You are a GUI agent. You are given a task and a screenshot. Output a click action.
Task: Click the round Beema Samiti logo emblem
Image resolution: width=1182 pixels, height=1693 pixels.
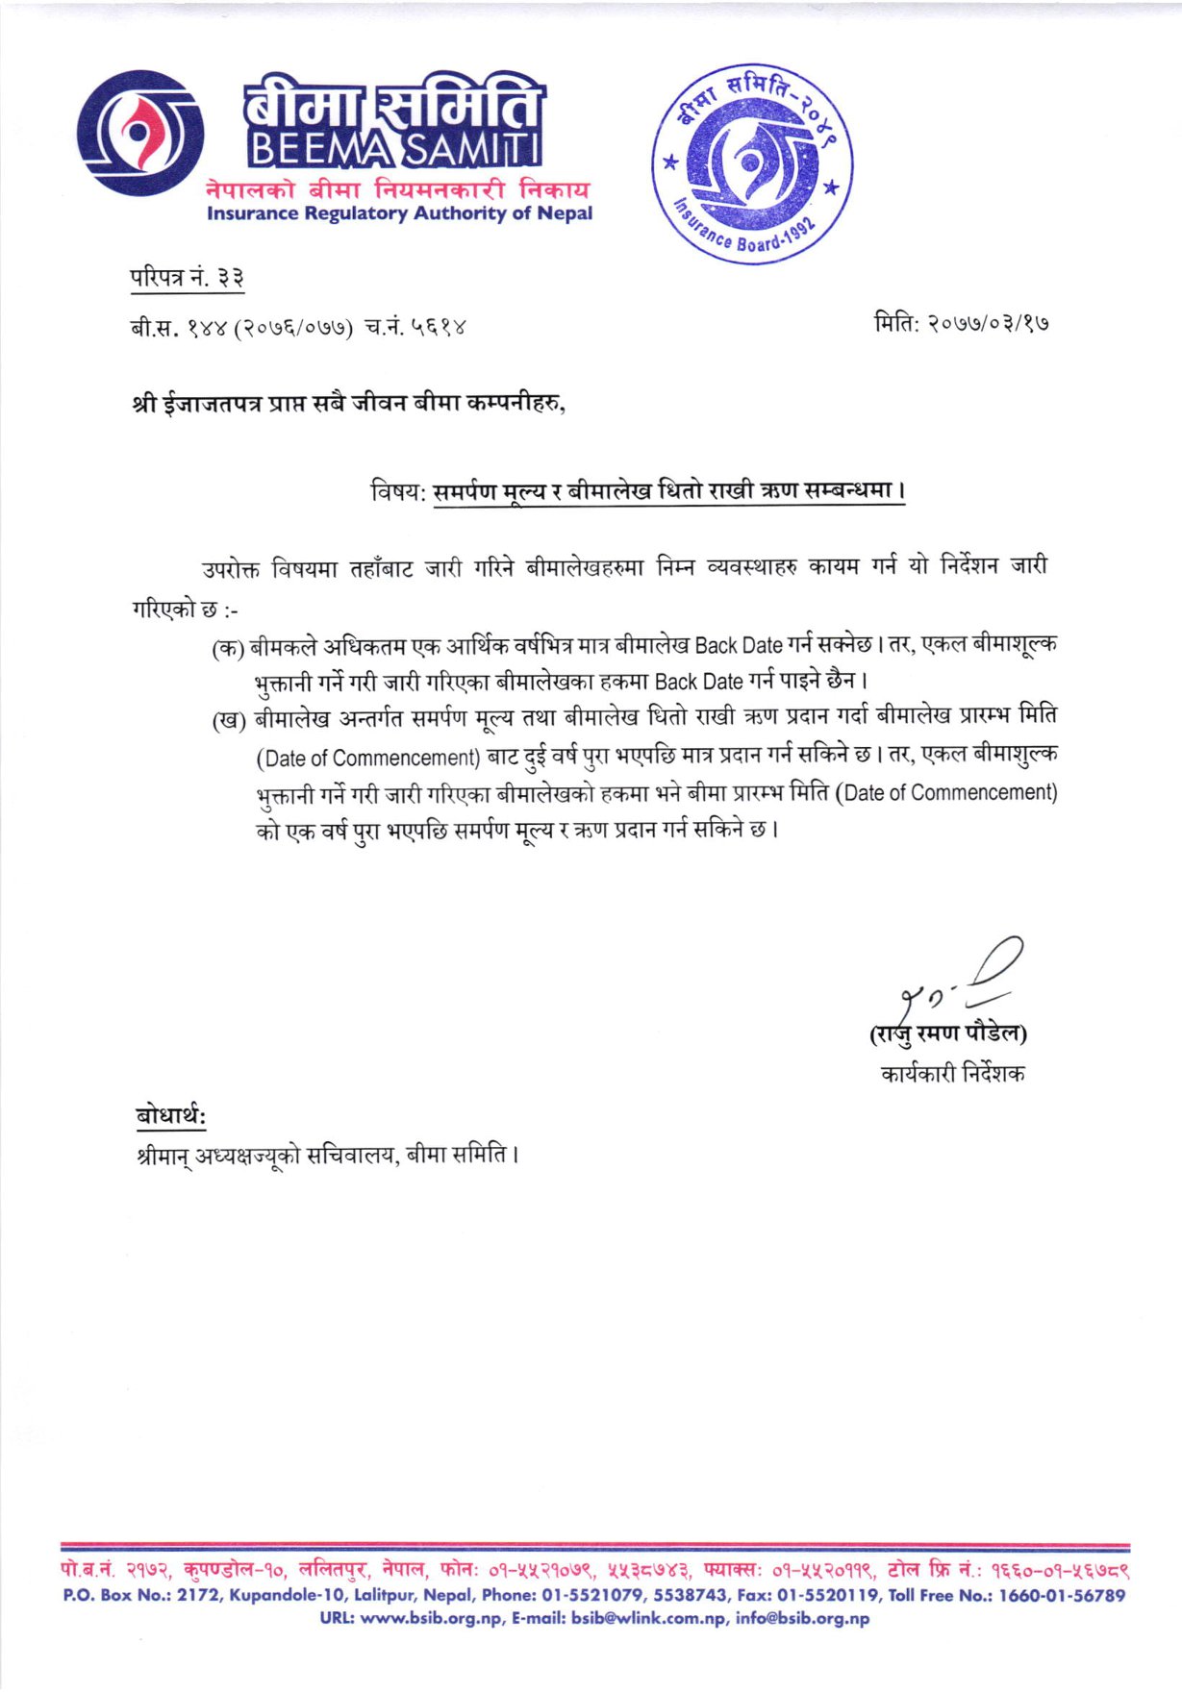(x=140, y=135)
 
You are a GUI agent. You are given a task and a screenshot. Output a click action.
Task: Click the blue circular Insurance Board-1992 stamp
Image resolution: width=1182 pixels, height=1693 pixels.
(x=752, y=164)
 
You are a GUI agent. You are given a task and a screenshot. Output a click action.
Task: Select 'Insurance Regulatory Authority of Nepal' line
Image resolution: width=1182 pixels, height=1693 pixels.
(x=399, y=213)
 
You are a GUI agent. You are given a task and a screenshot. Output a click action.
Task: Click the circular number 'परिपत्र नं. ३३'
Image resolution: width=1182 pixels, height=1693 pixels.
(x=188, y=278)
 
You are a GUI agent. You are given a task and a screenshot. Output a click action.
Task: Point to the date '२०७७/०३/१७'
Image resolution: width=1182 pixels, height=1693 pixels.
(x=988, y=323)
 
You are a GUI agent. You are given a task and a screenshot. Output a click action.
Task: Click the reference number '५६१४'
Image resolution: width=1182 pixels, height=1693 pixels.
(x=440, y=328)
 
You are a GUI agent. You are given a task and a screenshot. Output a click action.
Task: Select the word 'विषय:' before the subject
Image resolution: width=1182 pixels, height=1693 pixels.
(x=398, y=492)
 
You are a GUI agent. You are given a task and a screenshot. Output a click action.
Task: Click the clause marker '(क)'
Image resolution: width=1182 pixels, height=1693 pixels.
(x=228, y=647)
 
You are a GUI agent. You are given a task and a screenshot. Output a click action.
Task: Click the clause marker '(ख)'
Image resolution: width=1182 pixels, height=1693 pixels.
(x=229, y=720)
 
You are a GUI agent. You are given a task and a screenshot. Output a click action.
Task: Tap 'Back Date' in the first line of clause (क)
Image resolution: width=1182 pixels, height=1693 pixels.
(x=738, y=645)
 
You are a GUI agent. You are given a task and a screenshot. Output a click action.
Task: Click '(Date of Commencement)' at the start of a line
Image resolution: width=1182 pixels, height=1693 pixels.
(x=367, y=758)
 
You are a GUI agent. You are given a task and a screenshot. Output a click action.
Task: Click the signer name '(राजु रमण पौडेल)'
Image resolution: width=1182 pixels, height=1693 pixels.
(x=948, y=1033)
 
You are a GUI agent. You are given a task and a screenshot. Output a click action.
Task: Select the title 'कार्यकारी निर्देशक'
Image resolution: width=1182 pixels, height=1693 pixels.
(x=952, y=1073)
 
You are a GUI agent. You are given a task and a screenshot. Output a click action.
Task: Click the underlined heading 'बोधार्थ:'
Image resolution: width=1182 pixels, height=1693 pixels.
(x=171, y=1116)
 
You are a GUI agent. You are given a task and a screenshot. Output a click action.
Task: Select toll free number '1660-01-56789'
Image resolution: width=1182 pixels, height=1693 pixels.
(x=1062, y=1595)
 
